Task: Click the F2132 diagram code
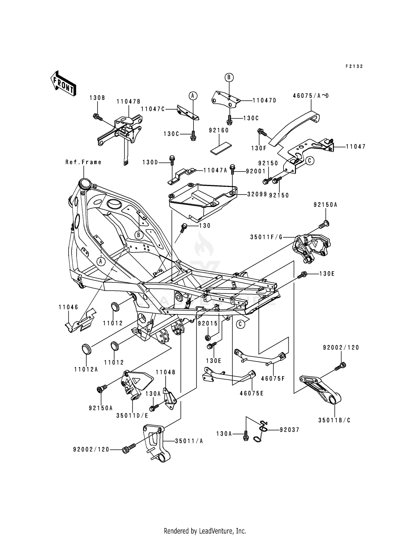354,66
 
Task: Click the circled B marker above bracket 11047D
229,78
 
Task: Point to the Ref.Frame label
83,162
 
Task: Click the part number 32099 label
257,194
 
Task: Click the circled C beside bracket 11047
310,161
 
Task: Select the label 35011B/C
334,420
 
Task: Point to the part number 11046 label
68,307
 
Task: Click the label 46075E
251,393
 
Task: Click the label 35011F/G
266,237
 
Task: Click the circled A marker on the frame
101,261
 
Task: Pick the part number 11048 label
166,372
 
